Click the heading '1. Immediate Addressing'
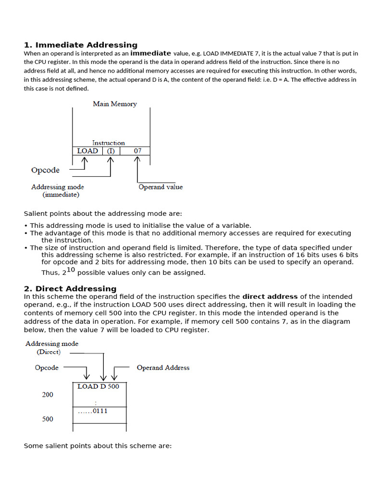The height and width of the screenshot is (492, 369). point(81,45)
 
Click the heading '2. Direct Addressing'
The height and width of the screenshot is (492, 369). point(70,288)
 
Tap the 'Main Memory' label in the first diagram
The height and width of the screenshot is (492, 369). point(115,104)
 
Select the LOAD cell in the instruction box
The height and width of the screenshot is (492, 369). point(87,151)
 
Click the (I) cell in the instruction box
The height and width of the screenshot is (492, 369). point(111,151)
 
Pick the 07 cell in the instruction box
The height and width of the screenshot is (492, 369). point(137,151)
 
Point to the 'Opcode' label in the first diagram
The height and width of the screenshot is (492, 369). point(45,170)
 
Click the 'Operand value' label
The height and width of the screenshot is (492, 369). point(160,187)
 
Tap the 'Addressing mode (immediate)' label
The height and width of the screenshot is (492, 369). point(58,191)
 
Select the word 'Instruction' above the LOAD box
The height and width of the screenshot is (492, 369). point(108,143)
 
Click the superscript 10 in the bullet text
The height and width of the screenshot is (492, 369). point(71,270)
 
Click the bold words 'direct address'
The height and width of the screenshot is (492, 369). point(270,296)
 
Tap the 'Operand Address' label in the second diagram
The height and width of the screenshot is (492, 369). point(163,368)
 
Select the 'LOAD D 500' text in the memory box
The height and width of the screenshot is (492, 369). point(98,386)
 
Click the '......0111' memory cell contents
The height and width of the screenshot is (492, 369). point(93,411)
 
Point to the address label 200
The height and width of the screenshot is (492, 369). point(48,394)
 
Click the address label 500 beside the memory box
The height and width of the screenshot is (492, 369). point(48,419)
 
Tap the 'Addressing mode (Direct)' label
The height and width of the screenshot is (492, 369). point(51,347)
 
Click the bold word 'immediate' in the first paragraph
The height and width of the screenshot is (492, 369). point(150,53)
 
